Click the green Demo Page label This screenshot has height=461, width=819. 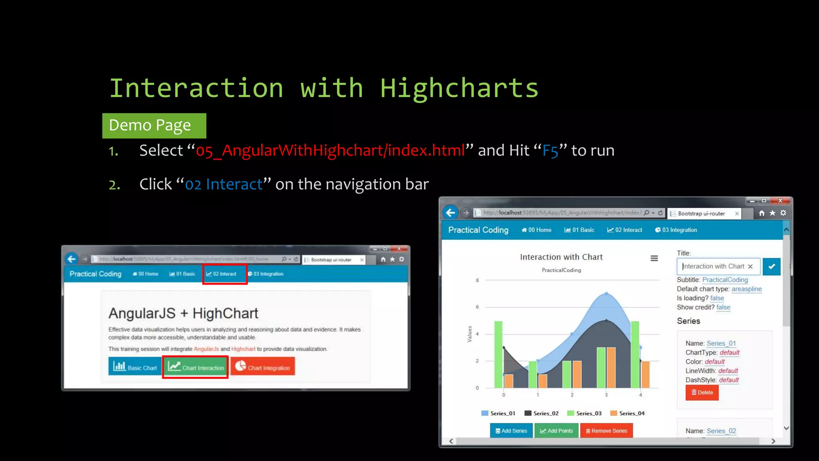[x=154, y=126]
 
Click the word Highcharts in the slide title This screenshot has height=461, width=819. [x=459, y=88]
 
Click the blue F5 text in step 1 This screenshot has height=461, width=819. [x=550, y=151]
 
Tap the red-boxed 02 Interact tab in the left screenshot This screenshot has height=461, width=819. [x=224, y=274]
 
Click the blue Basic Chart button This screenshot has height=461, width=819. [x=135, y=367]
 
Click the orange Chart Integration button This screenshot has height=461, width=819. [x=263, y=367]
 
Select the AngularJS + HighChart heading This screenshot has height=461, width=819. [x=183, y=313]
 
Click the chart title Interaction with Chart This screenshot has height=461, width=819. [x=561, y=257]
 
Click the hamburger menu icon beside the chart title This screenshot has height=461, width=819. [x=654, y=259]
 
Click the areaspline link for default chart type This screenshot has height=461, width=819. [x=746, y=289]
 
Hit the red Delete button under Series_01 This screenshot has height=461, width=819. [x=702, y=393]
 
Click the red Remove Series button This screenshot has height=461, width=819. [x=606, y=431]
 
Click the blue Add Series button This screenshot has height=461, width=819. [x=511, y=431]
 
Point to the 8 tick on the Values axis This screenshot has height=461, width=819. [x=477, y=281]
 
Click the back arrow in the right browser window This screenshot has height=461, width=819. [x=451, y=213]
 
